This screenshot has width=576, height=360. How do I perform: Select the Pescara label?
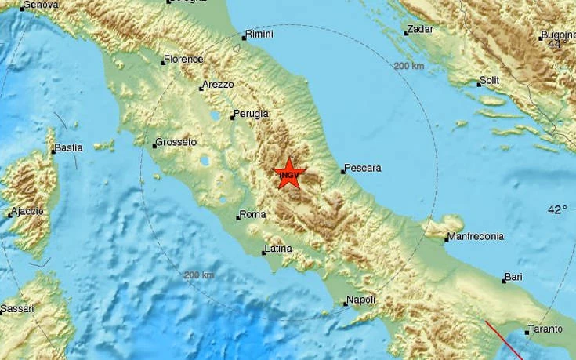[x=364, y=168]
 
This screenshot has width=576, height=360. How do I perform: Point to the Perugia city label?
[x=252, y=114]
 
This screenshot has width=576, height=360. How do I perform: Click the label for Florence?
[x=184, y=59]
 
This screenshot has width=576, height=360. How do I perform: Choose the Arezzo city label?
[x=219, y=85]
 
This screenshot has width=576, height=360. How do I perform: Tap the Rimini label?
[x=259, y=35]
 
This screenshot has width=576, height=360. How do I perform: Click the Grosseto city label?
[x=176, y=142]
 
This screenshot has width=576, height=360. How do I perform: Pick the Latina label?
[x=279, y=249]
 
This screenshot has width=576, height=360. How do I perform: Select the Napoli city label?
[x=362, y=300]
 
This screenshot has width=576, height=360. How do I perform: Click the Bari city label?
[x=514, y=277]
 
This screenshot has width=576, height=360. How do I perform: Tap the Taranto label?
[x=546, y=329]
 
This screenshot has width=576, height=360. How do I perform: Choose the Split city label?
[x=490, y=80]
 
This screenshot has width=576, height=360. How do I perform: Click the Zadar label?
[x=421, y=30]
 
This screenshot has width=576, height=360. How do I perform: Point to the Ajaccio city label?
[x=28, y=213]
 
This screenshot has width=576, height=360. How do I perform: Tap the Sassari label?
[x=17, y=309]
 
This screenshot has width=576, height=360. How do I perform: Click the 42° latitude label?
[x=557, y=210]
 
